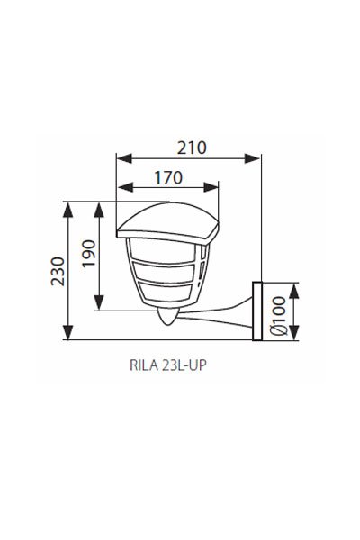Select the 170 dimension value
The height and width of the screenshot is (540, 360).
(x=167, y=176)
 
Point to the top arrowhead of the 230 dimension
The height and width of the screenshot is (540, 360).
(x=69, y=205)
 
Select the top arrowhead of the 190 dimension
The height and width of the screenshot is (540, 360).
(x=100, y=205)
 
